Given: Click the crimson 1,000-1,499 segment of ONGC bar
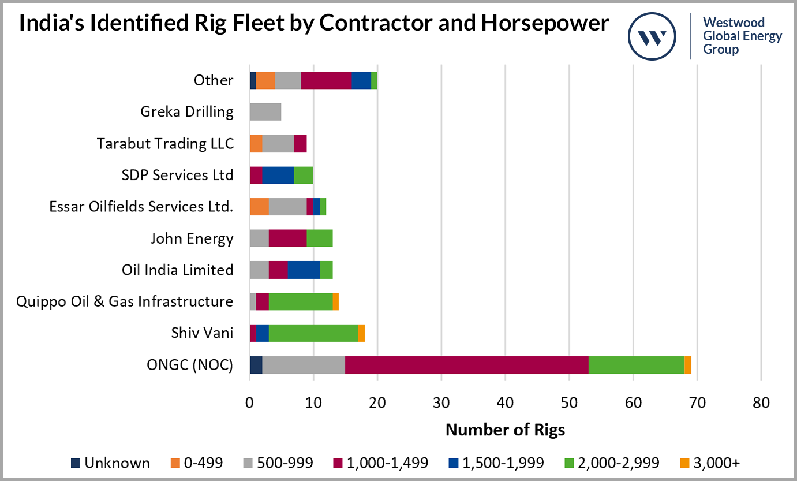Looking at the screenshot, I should (466, 365).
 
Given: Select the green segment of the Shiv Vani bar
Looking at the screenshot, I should (313, 333).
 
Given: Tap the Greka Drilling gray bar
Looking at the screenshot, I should (265, 112).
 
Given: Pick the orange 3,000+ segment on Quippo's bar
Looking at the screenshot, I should (335, 301).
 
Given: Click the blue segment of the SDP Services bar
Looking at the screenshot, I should (278, 175).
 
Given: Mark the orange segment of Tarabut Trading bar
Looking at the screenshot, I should (256, 143).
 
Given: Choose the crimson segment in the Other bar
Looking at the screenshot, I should (326, 80).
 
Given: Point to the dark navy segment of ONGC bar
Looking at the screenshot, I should (256, 365).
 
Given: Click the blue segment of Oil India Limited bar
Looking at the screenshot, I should (304, 270).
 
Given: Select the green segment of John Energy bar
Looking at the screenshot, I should (320, 238).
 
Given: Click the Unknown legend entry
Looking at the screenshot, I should (110, 463).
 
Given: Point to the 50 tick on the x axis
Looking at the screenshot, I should (569, 402).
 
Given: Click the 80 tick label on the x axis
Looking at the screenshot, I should (761, 402).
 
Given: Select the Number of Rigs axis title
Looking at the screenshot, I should (505, 430).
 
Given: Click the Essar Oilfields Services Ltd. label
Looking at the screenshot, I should (141, 206).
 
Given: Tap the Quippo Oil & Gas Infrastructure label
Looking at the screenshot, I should (125, 301).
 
